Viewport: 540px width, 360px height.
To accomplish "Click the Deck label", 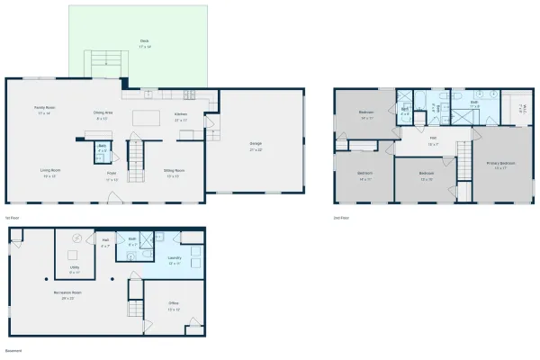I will (144, 41).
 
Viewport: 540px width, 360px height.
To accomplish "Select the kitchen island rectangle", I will (147, 118).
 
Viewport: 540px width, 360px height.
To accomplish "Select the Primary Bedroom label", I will (499, 165).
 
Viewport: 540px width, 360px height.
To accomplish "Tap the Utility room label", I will (74, 268).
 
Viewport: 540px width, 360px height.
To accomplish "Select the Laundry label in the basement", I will (162, 261).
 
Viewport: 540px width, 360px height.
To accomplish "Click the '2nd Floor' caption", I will (342, 218).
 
